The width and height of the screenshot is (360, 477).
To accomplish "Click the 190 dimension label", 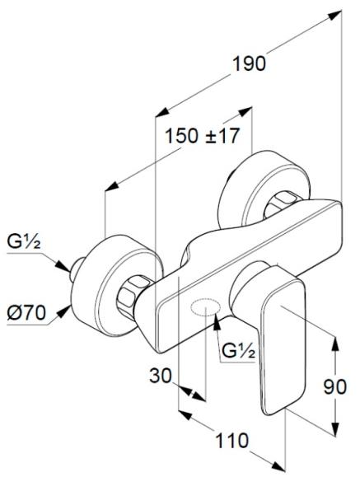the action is [249, 64].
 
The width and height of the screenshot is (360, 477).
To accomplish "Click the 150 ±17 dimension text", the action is [203, 136].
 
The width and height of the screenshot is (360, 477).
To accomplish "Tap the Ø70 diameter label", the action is [26, 312].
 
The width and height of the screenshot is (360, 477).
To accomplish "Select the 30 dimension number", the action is [161, 376].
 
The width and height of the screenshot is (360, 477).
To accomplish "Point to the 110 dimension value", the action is [231, 441].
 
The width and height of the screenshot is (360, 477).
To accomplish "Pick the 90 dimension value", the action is [334, 387].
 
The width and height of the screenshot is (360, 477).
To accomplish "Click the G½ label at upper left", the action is [24, 242].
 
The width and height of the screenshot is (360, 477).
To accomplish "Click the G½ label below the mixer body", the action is [238, 350].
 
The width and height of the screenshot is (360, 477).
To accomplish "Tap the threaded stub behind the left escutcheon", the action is [77, 269].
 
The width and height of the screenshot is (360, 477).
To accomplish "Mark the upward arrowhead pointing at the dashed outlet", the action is [217, 322].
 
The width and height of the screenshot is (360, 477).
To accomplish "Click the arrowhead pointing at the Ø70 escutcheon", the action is [63, 312].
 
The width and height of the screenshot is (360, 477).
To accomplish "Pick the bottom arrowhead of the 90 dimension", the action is [335, 428].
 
